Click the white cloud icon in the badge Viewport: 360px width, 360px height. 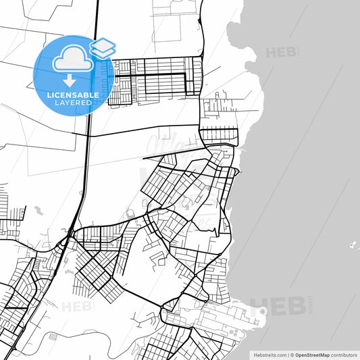(x=71, y=59)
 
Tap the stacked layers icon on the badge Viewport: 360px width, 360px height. (x=102, y=48)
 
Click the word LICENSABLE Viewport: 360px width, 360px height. (x=73, y=95)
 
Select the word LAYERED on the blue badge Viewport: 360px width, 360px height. (x=73, y=103)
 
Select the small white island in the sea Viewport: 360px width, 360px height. (x=353, y=244)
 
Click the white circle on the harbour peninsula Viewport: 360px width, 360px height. (x=263, y=311)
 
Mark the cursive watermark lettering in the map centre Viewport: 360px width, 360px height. (x=169, y=145)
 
